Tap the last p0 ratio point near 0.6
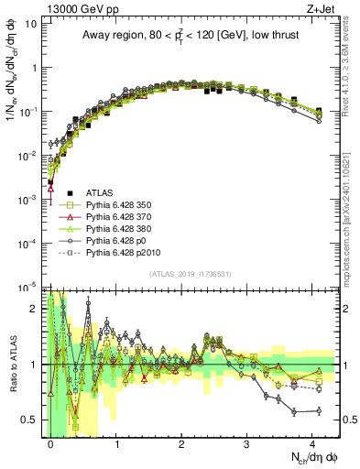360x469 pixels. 318,411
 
